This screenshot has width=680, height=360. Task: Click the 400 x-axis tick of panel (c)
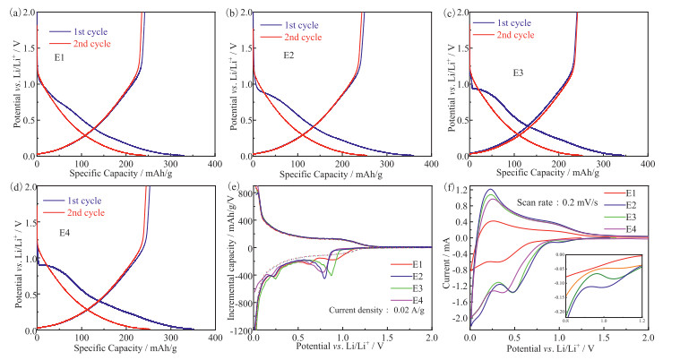pos(648,164)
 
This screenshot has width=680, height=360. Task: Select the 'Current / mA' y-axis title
pos(445,260)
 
